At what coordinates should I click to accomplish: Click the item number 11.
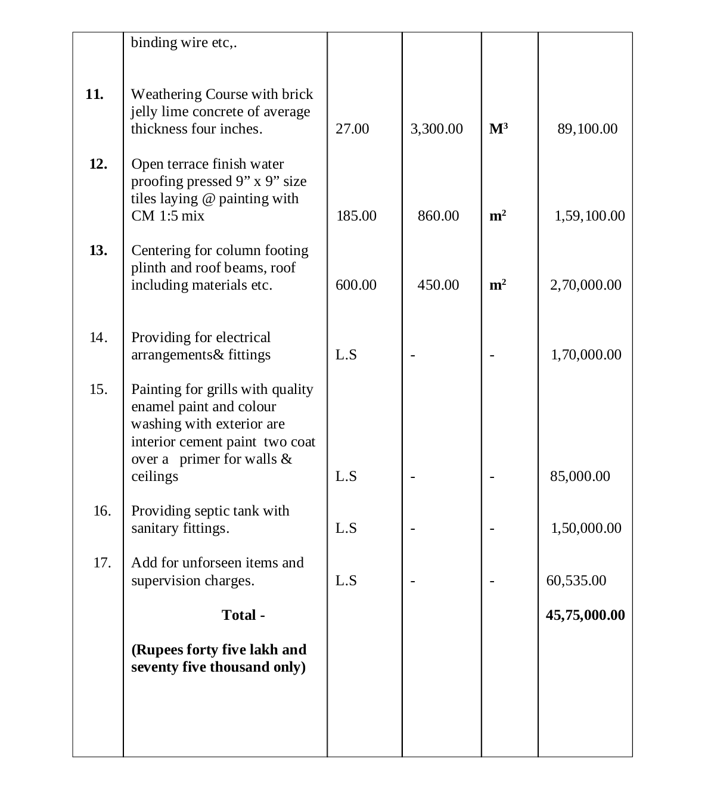click(94, 94)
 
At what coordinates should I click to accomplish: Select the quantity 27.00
click(352, 129)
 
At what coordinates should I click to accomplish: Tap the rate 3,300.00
click(436, 129)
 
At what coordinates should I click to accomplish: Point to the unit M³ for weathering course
click(499, 129)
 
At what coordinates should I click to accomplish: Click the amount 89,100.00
click(587, 129)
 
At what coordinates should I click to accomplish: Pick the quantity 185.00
click(356, 216)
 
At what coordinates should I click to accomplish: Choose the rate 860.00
click(438, 216)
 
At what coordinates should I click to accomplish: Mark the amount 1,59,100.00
click(589, 216)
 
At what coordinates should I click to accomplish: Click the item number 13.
click(98, 250)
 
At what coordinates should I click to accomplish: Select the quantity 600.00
click(356, 285)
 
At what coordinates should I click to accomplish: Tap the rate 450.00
click(438, 285)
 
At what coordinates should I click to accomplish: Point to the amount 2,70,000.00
click(585, 285)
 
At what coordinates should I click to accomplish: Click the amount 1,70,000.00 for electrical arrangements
click(586, 355)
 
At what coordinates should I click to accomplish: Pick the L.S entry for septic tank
click(346, 528)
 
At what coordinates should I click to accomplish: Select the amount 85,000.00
click(580, 476)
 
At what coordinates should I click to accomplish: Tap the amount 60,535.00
click(576, 580)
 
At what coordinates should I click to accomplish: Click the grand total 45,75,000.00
click(585, 615)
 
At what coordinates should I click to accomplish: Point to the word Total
click(239, 615)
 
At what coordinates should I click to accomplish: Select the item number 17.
click(102, 563)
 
